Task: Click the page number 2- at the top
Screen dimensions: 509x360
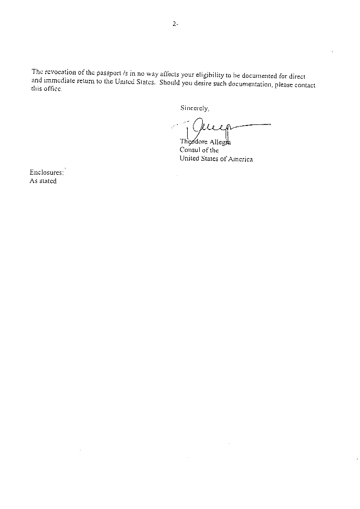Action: click(175, 24)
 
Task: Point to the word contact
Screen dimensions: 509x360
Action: click(305, 86)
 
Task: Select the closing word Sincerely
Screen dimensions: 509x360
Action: click(195, 108)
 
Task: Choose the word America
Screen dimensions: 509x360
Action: click(241, 159)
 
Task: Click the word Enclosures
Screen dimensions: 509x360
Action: click(47, 173)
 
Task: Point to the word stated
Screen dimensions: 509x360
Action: click(48, 181)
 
